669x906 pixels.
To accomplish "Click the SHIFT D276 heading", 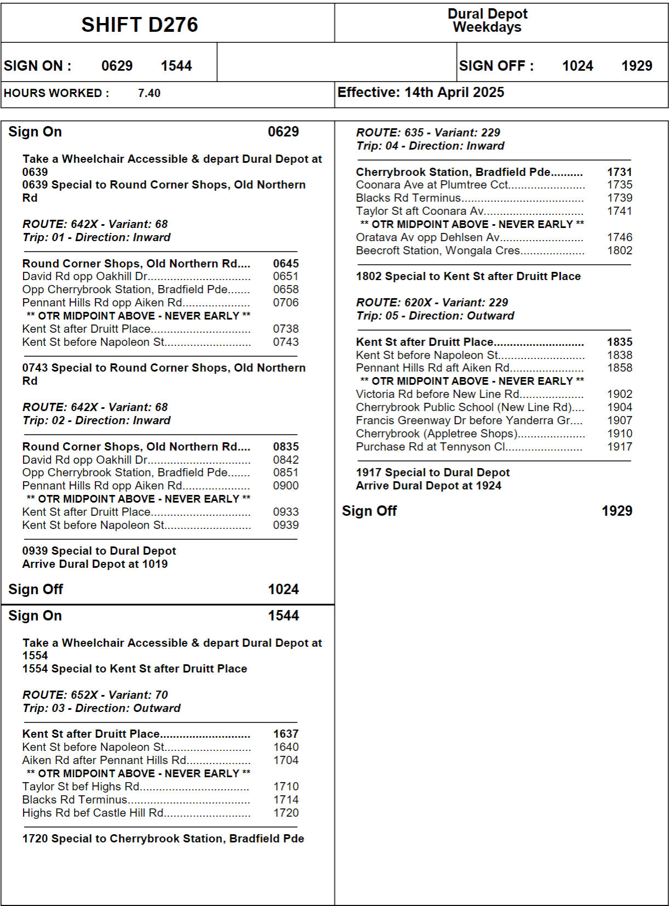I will pos(140,25).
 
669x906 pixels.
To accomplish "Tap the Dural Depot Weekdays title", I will pos(487,20).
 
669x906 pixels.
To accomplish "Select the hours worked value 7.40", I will pos(149,93).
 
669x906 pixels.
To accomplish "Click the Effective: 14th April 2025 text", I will pos(420,92).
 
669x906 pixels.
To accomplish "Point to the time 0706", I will pos(285,303).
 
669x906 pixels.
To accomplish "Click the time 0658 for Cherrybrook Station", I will pos(285,289).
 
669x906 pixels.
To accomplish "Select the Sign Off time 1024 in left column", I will pos(283,589).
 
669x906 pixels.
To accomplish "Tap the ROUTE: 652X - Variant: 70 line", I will pos(95,695).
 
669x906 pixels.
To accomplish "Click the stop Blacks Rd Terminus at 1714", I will pos(75,800).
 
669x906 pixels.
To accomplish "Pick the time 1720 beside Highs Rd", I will pos(286,813).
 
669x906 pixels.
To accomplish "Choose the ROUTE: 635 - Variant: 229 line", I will pos(428,133).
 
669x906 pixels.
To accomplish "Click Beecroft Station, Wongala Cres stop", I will pos(438,250).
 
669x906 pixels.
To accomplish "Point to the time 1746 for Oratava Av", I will pos(619,237).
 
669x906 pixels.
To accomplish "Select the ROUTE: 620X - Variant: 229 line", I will pos(432,303).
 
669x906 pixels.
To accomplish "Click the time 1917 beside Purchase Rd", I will pos(619,447).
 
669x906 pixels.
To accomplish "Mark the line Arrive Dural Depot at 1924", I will pos(428,486).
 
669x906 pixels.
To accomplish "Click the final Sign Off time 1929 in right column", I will pos(617,511).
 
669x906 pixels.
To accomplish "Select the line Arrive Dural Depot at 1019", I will pos(95,564).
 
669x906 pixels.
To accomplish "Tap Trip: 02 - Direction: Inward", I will pos(96,420).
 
